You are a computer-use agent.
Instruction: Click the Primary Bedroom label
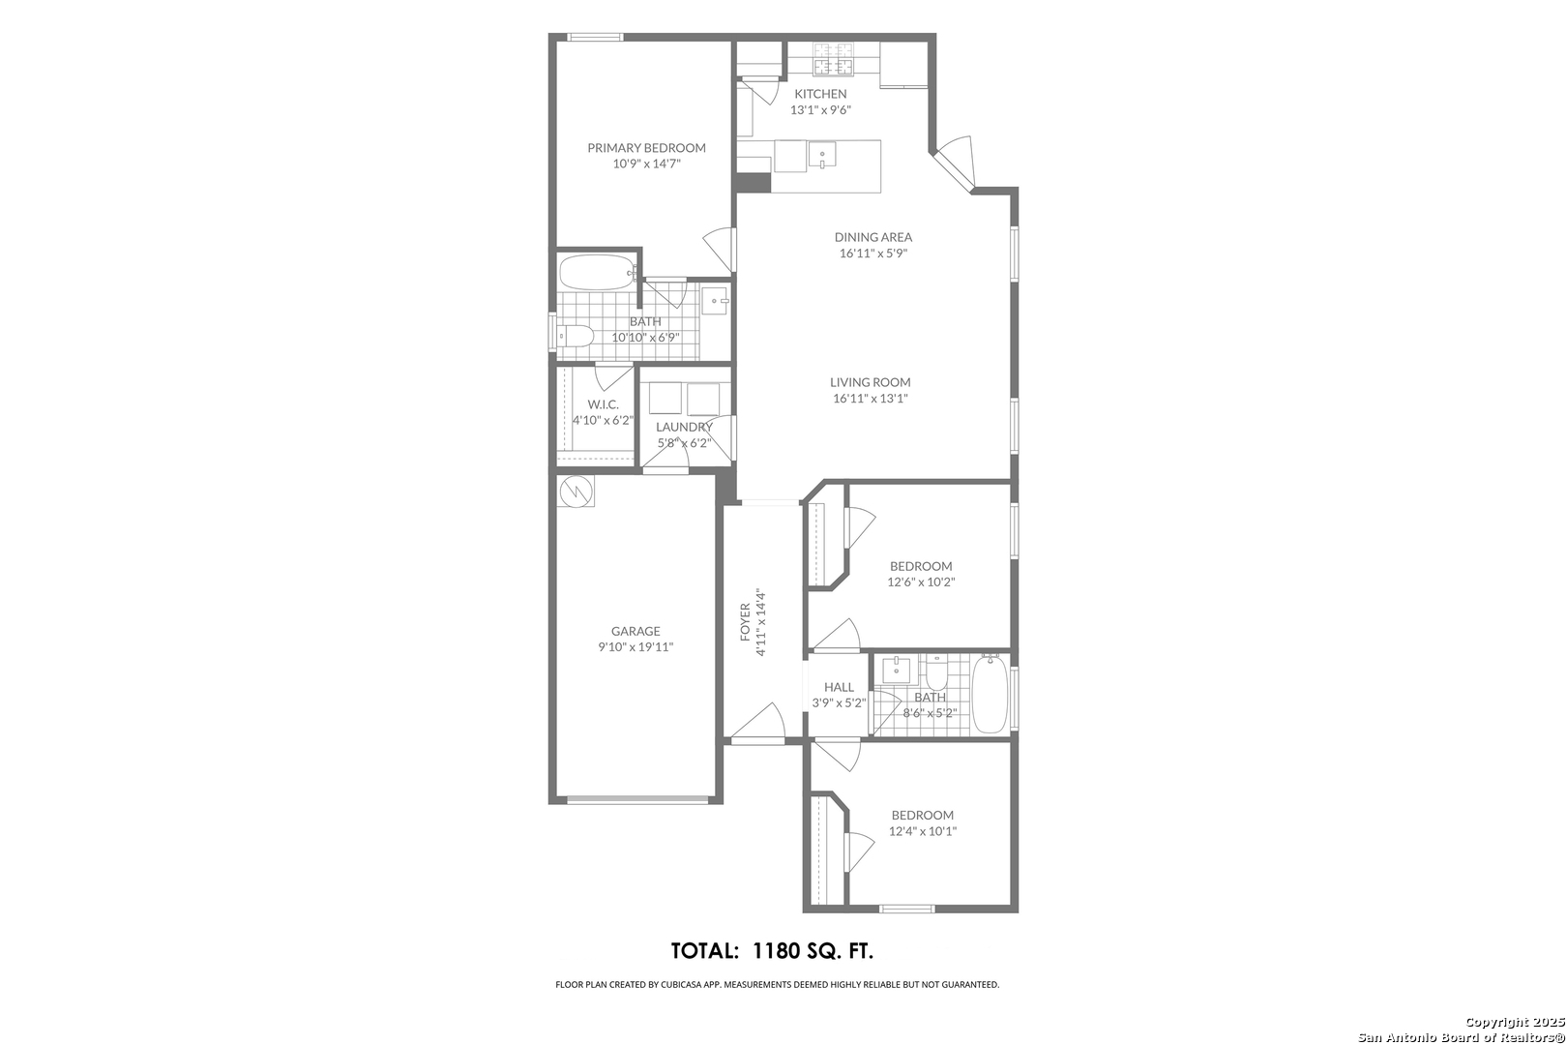pyautogui.click(x=646, y=148)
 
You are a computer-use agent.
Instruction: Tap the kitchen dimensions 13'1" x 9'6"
pyautogui.click(x=820, y=110)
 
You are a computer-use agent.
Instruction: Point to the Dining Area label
pyautogui.click(x=873, y=237)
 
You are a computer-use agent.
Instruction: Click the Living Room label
pyautogui.click(x=871, y=382)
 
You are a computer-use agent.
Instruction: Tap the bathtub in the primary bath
pyautogui.click(x=597, y=272)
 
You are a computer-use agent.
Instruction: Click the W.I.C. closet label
pyautogui.click(x=603, y=404)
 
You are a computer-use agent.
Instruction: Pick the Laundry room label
pyautogui.click(x=684, y=427)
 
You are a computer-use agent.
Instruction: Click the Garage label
pyautogui.click(x=636, y=631)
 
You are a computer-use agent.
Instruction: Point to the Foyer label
pyautogui.click(x=745, y=621)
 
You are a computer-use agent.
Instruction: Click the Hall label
pyautogui.click(x=839, y=687)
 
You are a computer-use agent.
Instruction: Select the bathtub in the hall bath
pyautogui.click(x=990, y=694)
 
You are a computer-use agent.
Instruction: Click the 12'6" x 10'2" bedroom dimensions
pyautogui.click(x=921, y=582)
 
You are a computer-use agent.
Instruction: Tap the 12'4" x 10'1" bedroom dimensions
pyautogui.click(x=923, y=831)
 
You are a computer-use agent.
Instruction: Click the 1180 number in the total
pyautogui.click(x=776, y=951)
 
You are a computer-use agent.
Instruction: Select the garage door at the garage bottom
pyautogui.click(x=637, y=798)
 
